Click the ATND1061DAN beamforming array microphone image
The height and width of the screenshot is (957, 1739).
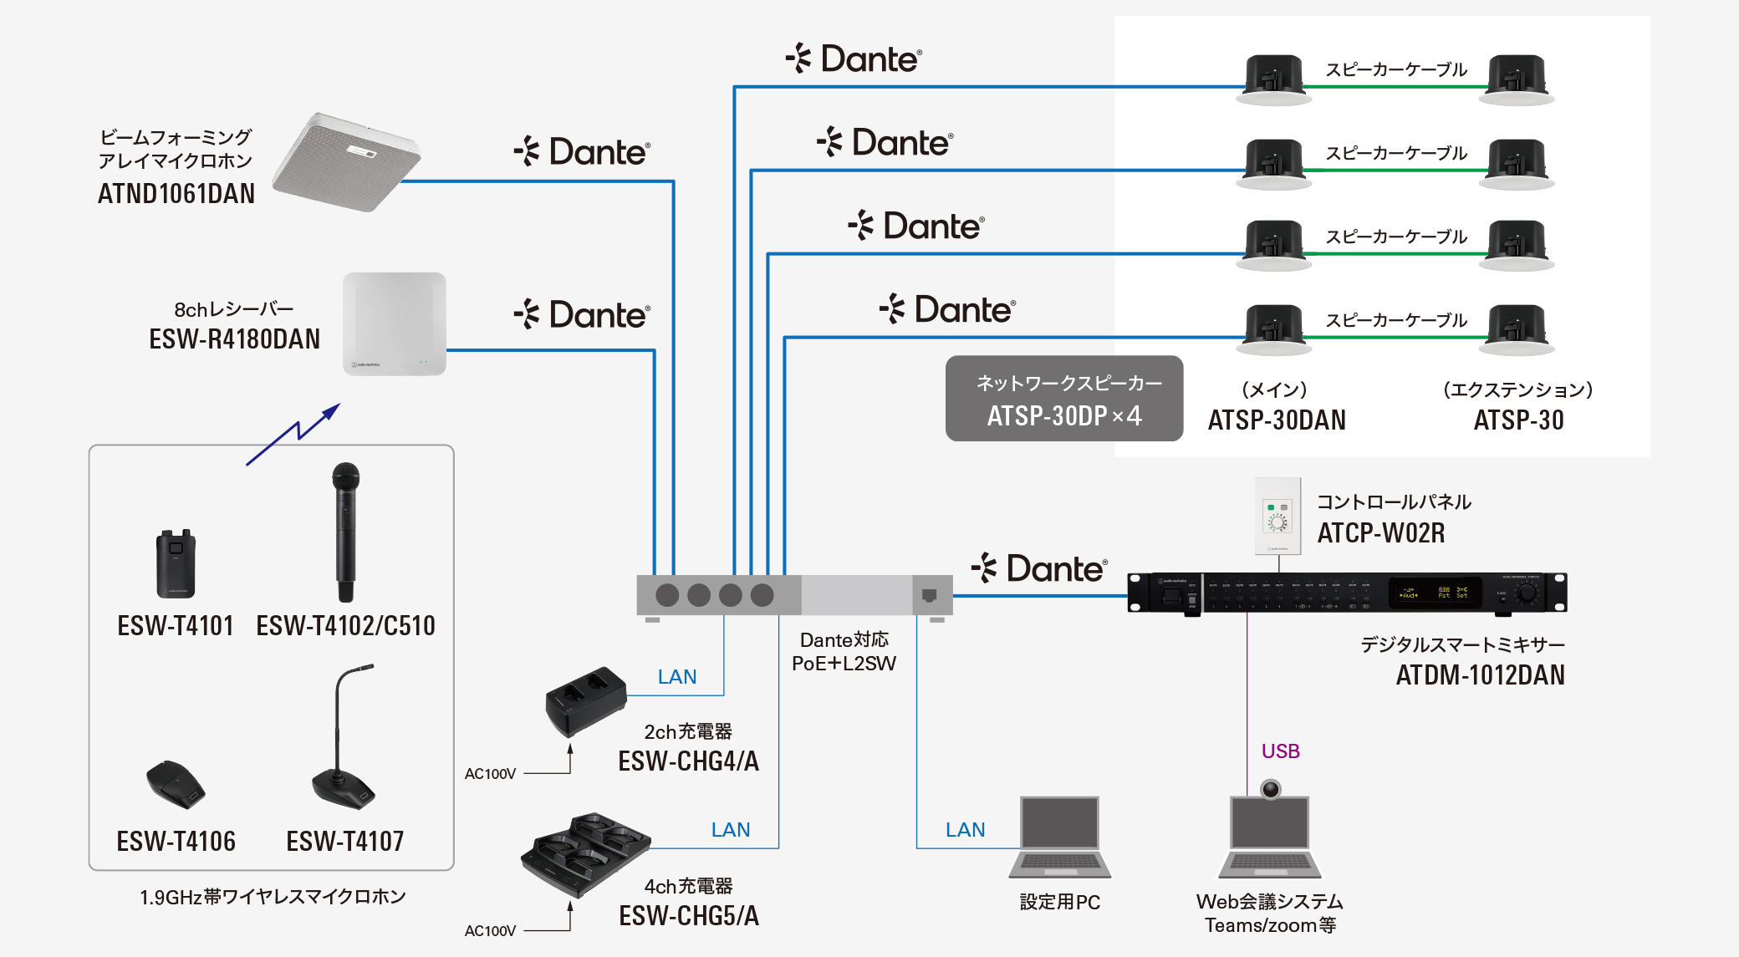click(x=346, y=162)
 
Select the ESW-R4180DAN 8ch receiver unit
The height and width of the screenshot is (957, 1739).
click(x=394, y=323)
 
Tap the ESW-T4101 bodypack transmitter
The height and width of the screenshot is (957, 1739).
click(x=176, y=564)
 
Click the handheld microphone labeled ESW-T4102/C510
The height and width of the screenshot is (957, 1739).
click(x=345, y=532)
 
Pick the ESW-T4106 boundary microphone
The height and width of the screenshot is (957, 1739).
click(x=176, y=784)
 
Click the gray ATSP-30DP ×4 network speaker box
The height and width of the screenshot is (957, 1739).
click(x=1063, y=399)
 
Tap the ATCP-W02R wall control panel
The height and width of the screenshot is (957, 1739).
click(x=1277, y=516)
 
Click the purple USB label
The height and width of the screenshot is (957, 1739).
click(x=1280, y=751)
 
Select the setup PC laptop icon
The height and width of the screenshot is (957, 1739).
click(x=1059, y=836)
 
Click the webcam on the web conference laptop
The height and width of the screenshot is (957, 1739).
click(x=1271, y=788)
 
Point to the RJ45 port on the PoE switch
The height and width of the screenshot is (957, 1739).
click(x=929, y=595)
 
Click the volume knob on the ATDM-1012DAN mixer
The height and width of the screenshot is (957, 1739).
click(x=1527, y=593)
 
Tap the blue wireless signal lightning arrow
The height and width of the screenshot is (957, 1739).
click(x=293, y=434)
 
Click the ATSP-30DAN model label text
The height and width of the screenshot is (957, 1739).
click(x=1277, y=420)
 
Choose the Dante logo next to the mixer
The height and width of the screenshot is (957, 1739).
click(x=1039, y=568)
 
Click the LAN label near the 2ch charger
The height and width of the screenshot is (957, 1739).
click(x=677, y=676)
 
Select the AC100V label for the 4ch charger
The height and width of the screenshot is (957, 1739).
click(x=490, y=930)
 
